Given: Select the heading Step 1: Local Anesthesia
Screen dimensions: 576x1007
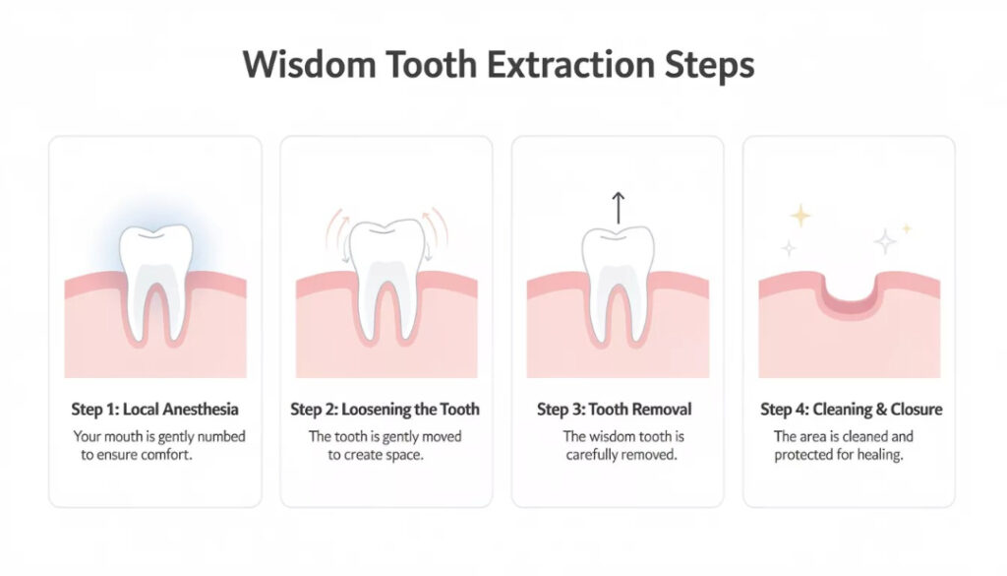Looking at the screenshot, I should click(x=155, y=409).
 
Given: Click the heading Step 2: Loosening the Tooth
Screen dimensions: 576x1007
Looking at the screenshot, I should click(x=385, y=409).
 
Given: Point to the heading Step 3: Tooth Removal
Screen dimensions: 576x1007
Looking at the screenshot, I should click(x=615, y=409).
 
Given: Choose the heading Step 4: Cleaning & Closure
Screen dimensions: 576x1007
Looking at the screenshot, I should click(x=852, y=409).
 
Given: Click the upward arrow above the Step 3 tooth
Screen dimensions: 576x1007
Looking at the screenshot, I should click(x=618, y=208).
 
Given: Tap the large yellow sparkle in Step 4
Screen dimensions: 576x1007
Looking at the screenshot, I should click(x=801, y=216).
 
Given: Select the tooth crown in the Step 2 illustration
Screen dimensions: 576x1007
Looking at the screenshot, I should click(x=386, y=249).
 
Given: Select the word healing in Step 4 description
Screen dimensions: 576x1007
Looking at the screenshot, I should click(x=880, y=455).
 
